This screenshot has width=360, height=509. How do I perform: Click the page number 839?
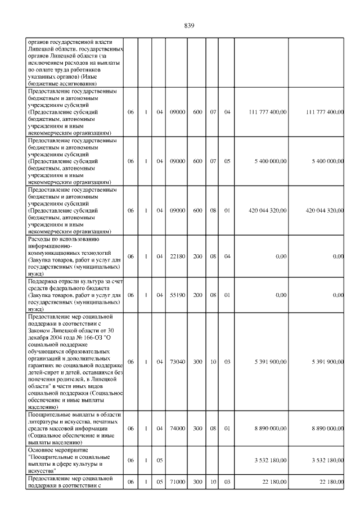tap(189, 26)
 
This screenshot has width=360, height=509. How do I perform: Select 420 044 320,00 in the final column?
tap(325, 210)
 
